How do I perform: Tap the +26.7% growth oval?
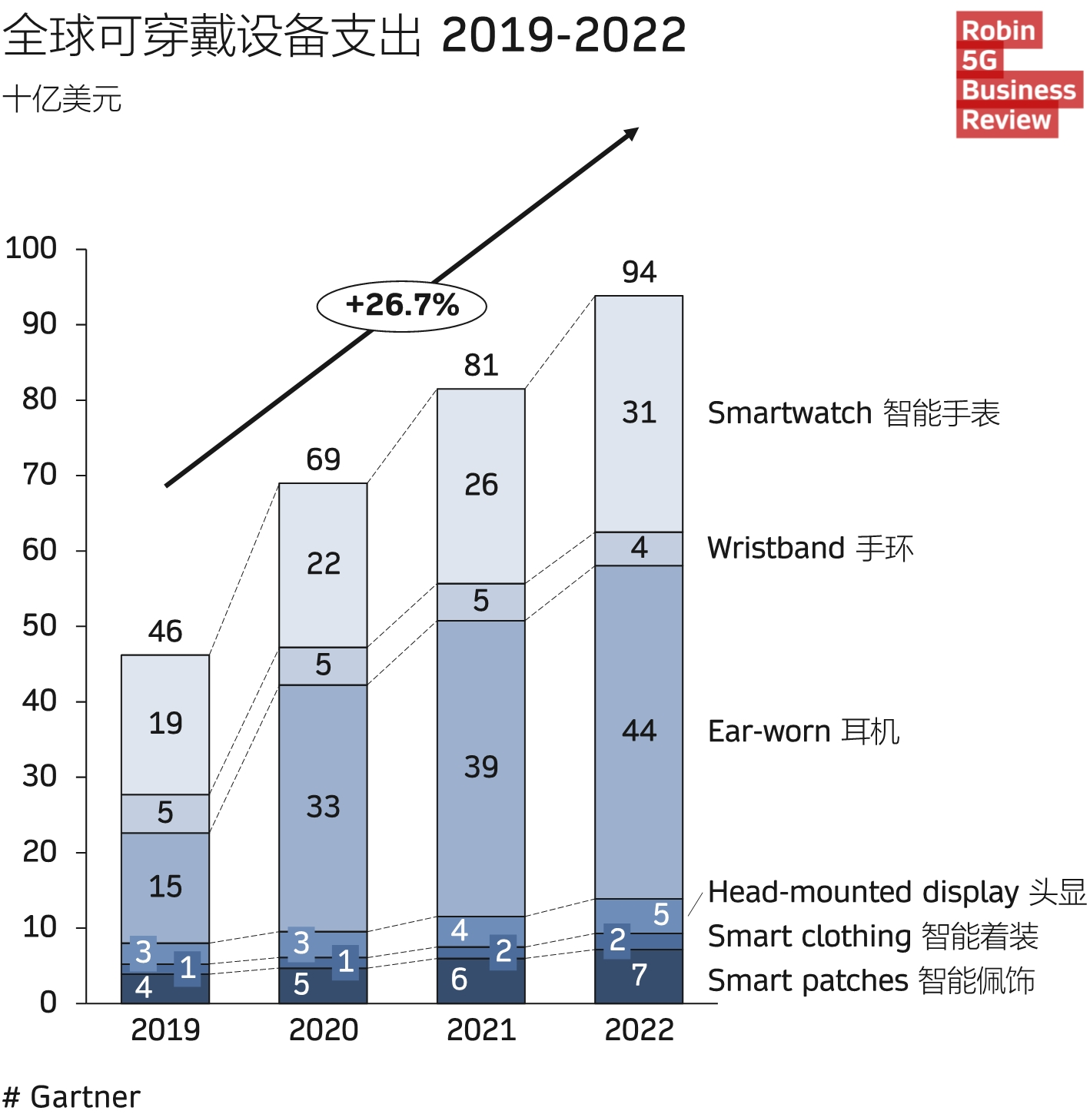coord(401,306)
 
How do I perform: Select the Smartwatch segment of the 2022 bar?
coord(639,413)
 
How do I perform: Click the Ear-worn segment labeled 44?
coord(639,731)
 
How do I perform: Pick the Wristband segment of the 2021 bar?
coord(481,602)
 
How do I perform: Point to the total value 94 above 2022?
coord(639,272)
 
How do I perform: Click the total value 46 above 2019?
coord(165,632)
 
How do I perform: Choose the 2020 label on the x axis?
coord(324,1029)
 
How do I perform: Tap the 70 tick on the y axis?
coord(40,475)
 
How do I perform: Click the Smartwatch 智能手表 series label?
coord(853,413)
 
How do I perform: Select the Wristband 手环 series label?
coord(810,549)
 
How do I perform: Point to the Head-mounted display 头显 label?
coord(896,892)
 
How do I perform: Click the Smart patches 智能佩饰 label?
coord(871,981)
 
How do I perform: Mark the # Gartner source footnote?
coord(71,1096)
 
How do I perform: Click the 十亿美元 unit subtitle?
coord(62,100)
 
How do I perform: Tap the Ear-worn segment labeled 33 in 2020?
coord(324,807)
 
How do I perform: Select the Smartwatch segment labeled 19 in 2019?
coord(165,724)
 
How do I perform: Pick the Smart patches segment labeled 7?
coord(639,976)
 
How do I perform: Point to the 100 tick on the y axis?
coord(32,248)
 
